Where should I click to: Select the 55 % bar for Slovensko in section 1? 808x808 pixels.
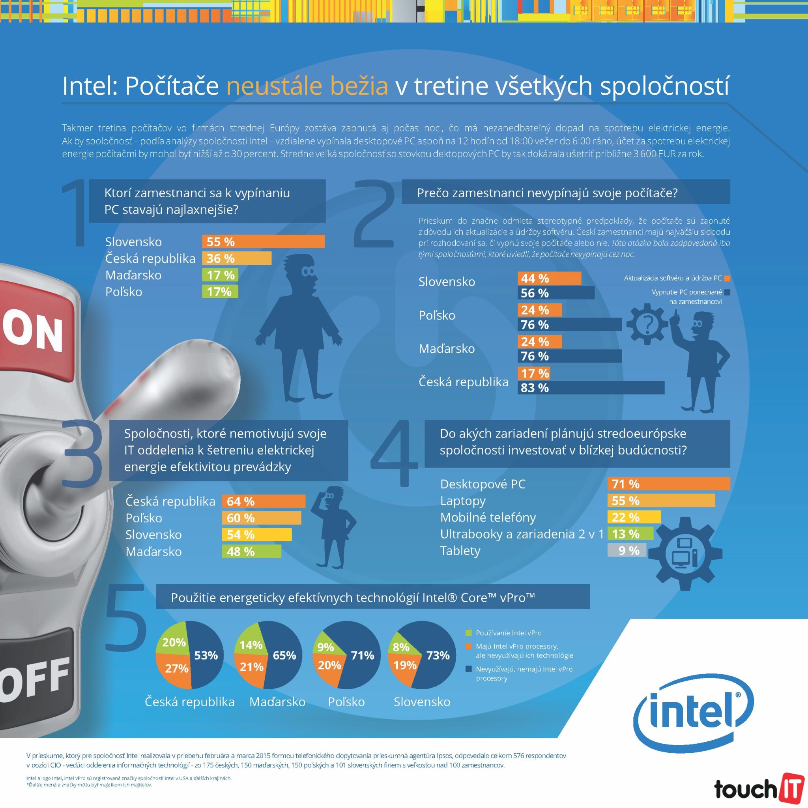pos(263,242)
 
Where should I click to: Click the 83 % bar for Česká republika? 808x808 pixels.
pos(591,388)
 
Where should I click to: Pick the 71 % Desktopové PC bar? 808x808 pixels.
pos(668,484)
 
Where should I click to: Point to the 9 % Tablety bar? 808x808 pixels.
pos(627,550)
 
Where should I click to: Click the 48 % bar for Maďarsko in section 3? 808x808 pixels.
pos(251,551)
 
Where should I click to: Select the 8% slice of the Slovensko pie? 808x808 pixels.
pos(400,647)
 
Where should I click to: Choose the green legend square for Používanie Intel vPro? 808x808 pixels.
pos(468,633)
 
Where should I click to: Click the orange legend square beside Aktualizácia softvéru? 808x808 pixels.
pos(727,278)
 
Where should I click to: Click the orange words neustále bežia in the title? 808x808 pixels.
pos(307,86)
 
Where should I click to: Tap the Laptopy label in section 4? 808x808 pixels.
pos(462,501)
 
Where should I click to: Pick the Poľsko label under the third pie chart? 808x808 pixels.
pos(346,702)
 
